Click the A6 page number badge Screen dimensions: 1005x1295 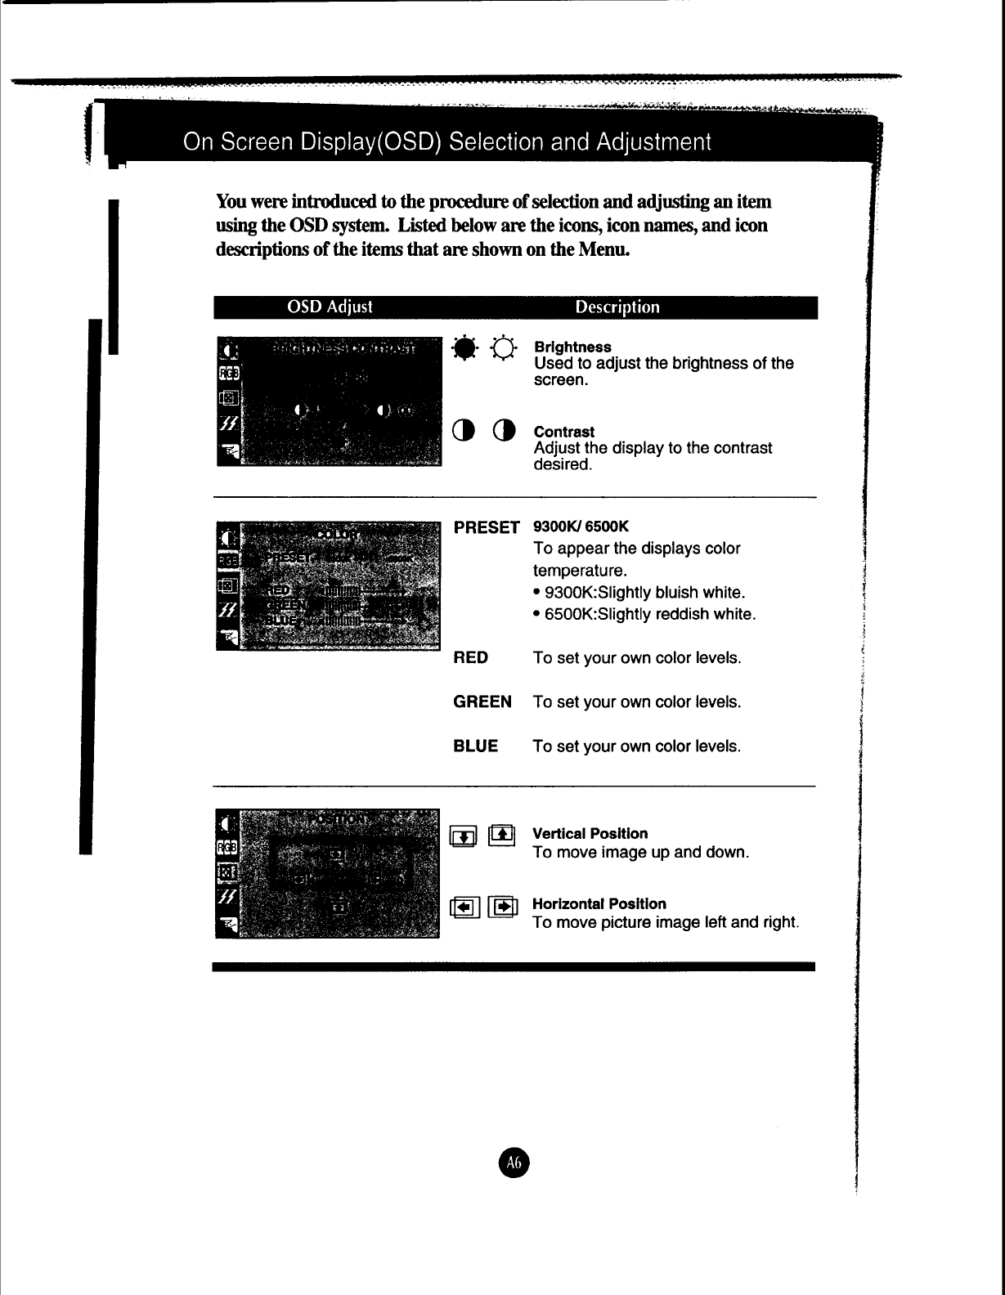point(514,1161)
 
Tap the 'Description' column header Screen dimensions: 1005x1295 point(617,307)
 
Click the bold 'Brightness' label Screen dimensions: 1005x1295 point(572,347)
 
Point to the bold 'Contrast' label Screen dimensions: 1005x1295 point(563,432)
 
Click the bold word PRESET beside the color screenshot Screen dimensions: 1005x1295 point(487,528)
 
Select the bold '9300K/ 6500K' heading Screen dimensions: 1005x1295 point(581,527)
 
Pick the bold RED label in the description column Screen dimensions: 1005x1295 point(470,658)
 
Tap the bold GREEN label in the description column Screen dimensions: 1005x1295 point(482,702)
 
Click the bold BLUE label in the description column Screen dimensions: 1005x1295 point(475,746)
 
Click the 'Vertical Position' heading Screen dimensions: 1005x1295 point(590,834)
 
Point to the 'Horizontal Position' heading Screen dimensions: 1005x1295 point(599,904)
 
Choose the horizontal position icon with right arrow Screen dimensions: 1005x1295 point(503,906)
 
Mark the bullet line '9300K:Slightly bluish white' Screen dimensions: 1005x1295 point(641,593)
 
